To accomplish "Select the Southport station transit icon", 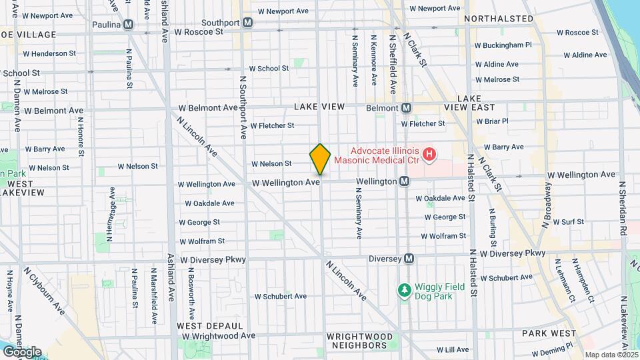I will point(248,22).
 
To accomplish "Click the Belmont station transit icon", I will point(406,107).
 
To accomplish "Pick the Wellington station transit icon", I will point(404,181).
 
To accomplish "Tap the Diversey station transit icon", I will point(409,259).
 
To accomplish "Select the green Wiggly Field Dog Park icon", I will point(403,290).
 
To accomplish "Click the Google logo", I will point(21,351).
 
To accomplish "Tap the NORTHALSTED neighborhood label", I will point(501,19).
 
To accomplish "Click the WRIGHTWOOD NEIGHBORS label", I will point(357,341).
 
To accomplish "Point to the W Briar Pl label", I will point(492,121).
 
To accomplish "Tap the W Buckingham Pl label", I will point(503,45).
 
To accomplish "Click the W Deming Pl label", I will point(552,349).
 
